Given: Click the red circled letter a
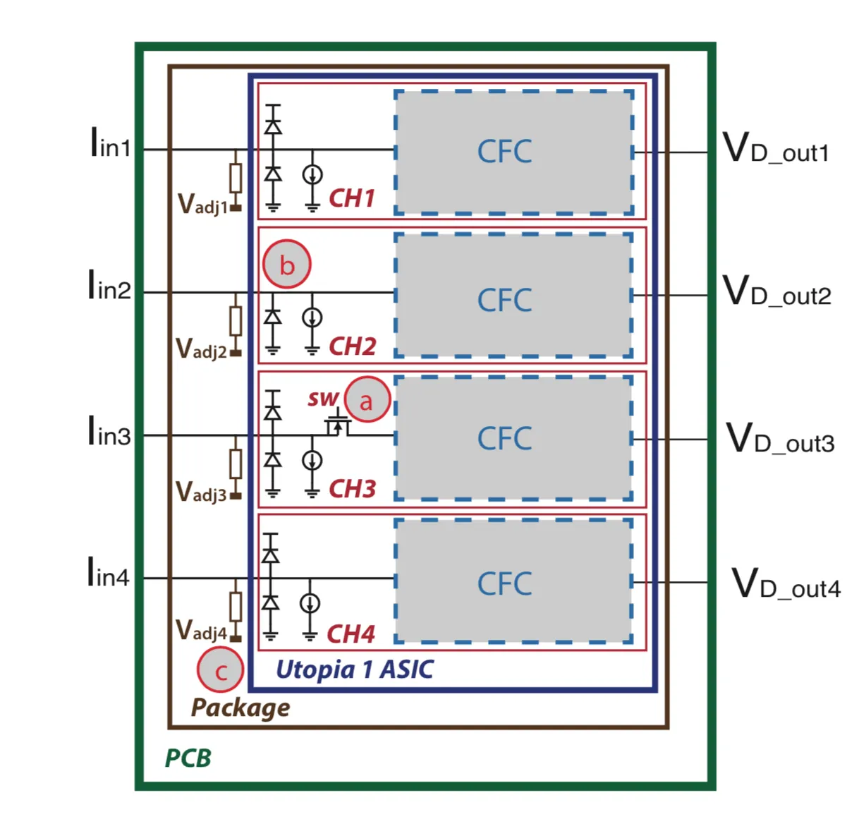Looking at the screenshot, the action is click(x=367, y=399).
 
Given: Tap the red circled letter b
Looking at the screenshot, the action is click(x=287, y=264).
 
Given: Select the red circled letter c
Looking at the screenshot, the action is click(x=220, y=669).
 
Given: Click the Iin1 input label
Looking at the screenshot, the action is click(x=110, y=143).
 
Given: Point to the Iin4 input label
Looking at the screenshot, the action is click(x=109, y=572).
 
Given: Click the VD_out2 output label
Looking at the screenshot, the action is click(x=776, y=290).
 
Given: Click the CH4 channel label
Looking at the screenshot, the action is click(x=351, y=634).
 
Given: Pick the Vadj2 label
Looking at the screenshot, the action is click(x=201, y=349).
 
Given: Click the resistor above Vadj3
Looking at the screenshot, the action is click(x=236, y=464).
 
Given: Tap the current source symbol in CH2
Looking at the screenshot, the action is click(x=312, y=317).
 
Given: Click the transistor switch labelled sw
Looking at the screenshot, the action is click(x=338, y=425).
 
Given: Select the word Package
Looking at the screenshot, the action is click(x=240, y=708).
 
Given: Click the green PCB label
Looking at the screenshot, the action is click(x=188, y=758).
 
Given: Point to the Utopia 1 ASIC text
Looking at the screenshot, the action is click(x=355, y=669).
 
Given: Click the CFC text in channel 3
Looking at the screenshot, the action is click(x=504, y=439).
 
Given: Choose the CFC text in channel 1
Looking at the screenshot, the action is click(x=504, y=152).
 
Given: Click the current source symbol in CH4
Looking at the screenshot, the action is click(x=310, y=603).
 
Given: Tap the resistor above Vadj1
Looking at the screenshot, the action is click(x=236, y=178).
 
